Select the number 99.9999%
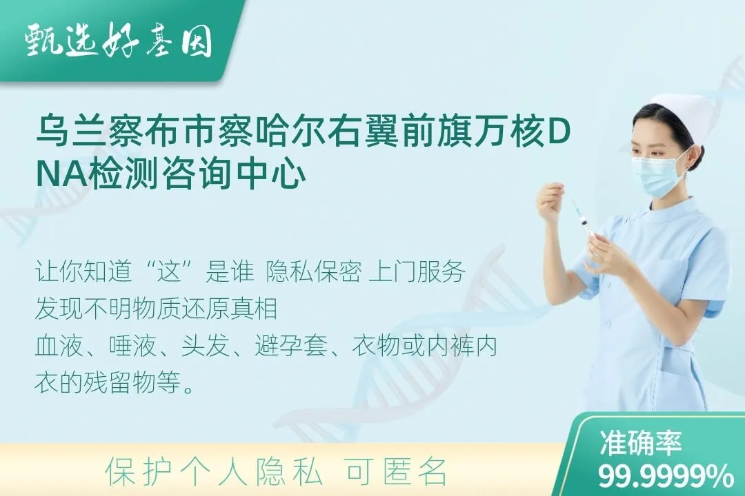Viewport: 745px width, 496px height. click(666, 475)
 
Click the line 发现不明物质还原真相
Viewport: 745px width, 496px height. click(157, 309)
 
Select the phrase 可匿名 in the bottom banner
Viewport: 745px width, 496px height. click(396, 471)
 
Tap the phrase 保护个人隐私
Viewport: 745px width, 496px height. click(214, 471)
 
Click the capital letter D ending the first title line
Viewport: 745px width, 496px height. click(559, 133)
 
